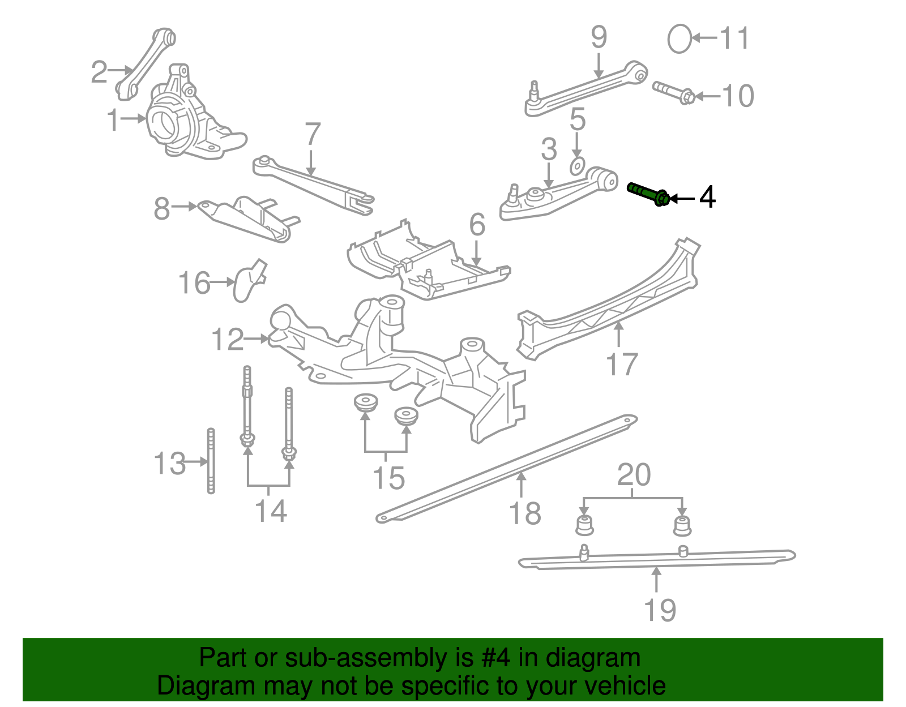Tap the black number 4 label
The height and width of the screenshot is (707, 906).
coord(707,198)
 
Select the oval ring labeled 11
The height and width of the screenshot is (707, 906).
coord(679,39)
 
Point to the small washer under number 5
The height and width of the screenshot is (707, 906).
coord(576,167)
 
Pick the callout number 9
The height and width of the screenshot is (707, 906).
coord(599,37)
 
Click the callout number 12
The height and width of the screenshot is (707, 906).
coord(227,340)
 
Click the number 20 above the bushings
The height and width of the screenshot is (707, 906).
coord(634,475)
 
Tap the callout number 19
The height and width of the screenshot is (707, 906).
coord(660,610)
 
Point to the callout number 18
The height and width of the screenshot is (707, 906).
coord(525,513)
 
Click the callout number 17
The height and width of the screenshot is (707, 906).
coord(622,364)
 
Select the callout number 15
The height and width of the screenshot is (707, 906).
coord(388,478)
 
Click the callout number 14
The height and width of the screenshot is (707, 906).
coord(271,511)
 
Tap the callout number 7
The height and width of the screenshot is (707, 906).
coord(313,135)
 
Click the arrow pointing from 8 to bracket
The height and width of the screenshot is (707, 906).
coord(184,207)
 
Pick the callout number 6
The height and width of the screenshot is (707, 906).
coord(477,225)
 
